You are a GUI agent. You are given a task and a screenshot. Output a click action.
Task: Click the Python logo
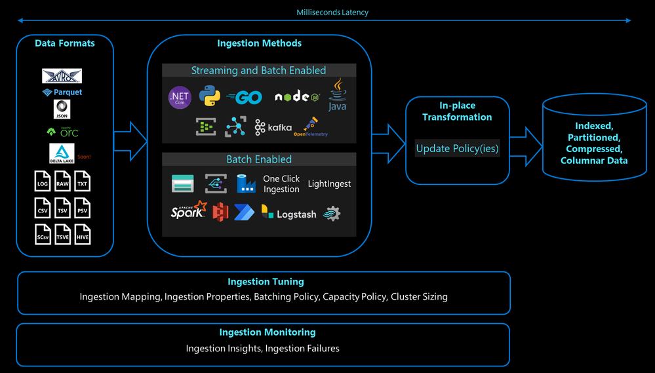(x=210, y=97)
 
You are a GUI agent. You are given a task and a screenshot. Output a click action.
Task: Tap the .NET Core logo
(x=180, y=98)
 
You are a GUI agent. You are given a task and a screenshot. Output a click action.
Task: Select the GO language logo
(x=245, y=98)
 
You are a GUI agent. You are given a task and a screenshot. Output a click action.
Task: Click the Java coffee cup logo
(x=337, y=95)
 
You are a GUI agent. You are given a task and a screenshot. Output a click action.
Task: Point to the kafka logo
(x=273, y=127)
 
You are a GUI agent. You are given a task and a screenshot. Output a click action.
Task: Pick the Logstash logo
(x=288, y=213)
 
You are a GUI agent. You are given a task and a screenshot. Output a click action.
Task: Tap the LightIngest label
(x=329, y=184)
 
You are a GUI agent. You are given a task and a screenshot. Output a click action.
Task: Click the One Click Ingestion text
(x=281, y=184)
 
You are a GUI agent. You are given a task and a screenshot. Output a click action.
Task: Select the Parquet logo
(x=62, y=92)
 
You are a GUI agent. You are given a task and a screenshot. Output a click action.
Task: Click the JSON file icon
(x=62, y=109)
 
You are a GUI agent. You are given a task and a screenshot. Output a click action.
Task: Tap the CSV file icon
(x=43, y=208)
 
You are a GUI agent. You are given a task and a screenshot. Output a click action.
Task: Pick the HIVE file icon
(x=82, y=235)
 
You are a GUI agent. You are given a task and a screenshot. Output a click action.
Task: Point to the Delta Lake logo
(x=62, y=153)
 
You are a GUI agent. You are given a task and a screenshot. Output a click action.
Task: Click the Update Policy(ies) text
(x=457, y=149)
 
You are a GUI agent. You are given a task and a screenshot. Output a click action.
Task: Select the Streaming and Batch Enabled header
(x=258, y=70)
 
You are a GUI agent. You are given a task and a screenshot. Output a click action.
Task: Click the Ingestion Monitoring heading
(x=267, y=332)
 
